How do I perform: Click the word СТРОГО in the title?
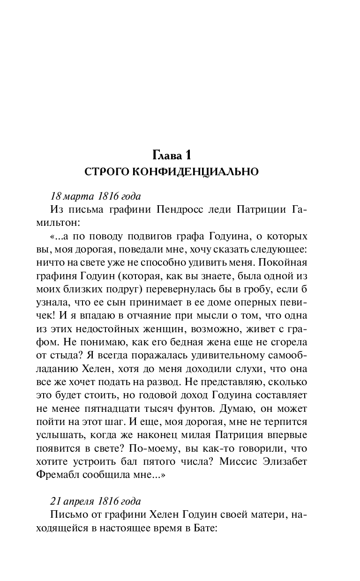(106, 172)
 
